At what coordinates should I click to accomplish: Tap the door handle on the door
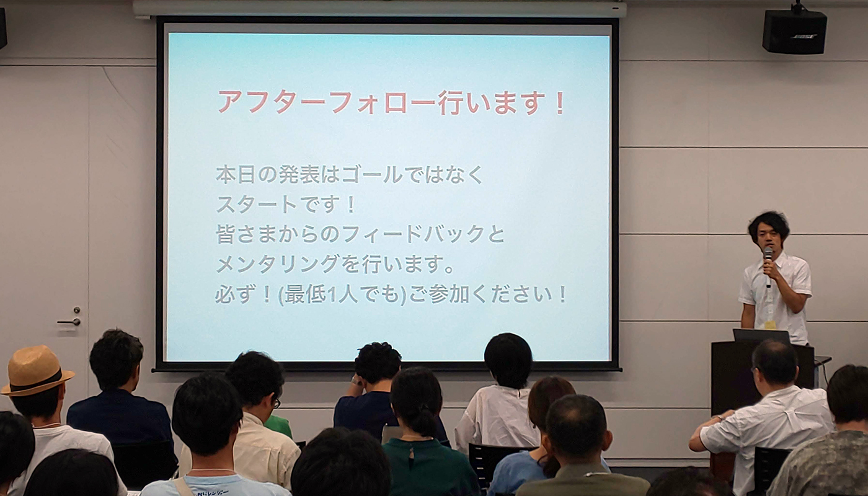point(69,322)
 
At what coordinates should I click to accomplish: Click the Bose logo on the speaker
point(804,37)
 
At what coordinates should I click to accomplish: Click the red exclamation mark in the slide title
point(560,102)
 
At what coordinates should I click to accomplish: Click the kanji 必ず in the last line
point(236,295)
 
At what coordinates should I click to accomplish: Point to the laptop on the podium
point(761,335)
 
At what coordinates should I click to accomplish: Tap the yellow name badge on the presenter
point(770,325)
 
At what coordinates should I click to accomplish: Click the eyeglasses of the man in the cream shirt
point(276,404)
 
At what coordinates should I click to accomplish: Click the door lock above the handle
point(77,310)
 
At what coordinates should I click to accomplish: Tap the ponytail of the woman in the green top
point(422,422)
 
